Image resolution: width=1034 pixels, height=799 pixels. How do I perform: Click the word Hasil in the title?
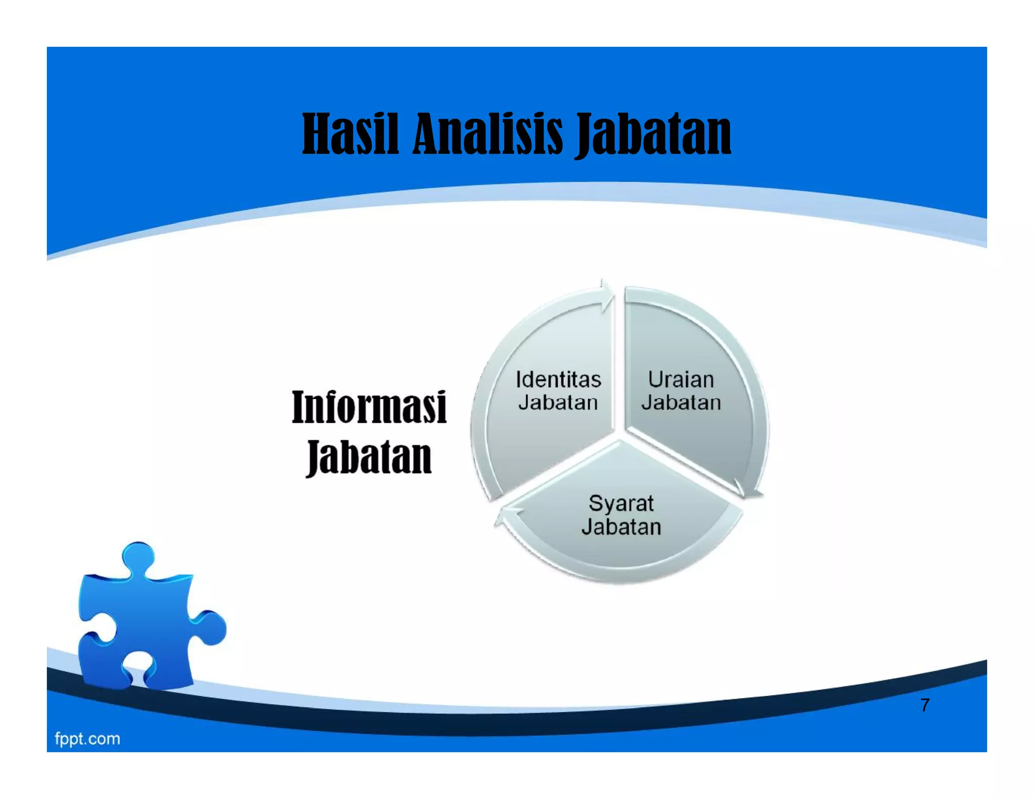tap(350, 134)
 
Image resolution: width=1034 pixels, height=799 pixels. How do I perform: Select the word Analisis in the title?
tap(488, 134)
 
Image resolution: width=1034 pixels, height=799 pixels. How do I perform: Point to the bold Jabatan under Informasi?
tap(369, 457)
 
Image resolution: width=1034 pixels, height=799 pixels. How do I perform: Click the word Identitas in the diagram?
tap(558, 380)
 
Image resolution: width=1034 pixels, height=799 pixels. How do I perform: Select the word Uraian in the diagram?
tap(681, 380)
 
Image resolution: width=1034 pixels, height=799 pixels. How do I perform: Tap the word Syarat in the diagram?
tap(621, 504)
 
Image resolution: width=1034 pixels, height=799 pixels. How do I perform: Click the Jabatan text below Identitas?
tap(558, 403)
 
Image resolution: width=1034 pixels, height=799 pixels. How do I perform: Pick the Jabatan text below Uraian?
tap(681, 403)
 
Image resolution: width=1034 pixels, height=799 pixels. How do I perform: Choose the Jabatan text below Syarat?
tap(621, 527)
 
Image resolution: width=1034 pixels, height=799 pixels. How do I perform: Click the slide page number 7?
tap(924, 705)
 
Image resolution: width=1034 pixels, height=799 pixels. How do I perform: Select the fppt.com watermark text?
tap(87, 739)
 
